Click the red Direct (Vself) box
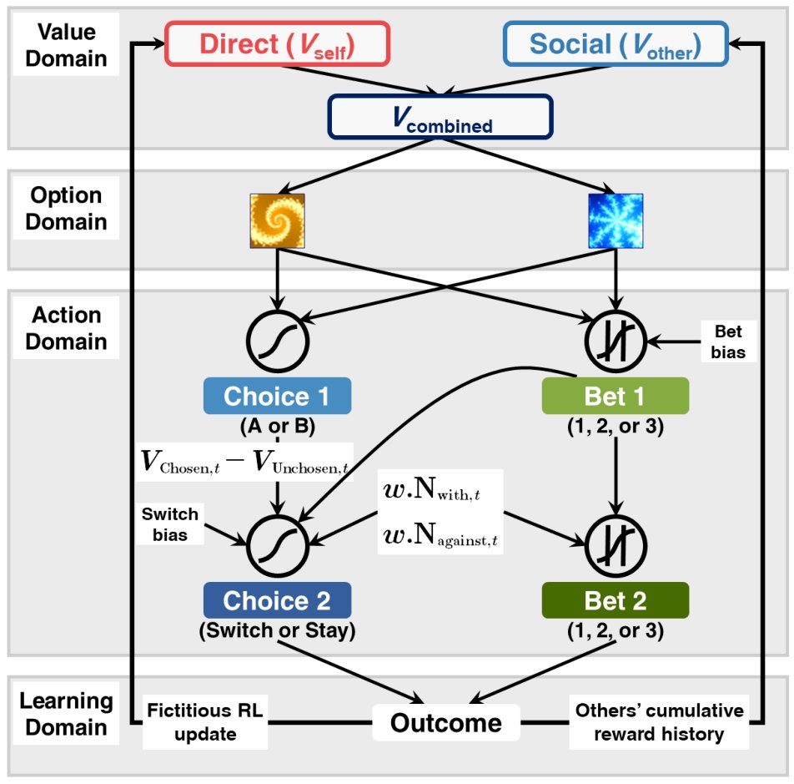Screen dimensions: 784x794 point(278,43)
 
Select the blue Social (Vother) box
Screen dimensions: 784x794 point(616,43)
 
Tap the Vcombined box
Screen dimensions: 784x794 point(440,117)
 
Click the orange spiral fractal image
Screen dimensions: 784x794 point(278,220)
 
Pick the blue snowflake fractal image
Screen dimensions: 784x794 point(616,220)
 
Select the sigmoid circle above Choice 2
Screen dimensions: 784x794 point(278,546)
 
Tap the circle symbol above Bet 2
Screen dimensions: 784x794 point(616,546)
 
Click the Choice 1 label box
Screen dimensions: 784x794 point(278,397)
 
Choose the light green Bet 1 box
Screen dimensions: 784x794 point(616,397)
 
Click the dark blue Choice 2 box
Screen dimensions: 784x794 point(278,600)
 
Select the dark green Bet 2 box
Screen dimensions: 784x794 point(616,600)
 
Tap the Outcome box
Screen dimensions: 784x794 point(446,722)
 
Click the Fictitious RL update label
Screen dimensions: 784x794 point(204,722)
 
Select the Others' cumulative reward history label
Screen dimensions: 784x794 point(659,722)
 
